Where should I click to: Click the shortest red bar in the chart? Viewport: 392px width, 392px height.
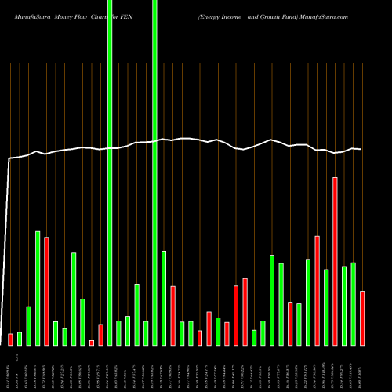click(92, 343)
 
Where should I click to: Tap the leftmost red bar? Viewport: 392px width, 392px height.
click(10, 339)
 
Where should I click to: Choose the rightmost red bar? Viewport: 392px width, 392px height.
click(362, 318)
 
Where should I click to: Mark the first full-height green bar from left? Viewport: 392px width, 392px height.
click(110, 172)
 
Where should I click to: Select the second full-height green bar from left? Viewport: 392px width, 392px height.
click(154, 172)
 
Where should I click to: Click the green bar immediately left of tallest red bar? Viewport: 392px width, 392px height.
click(326, 307)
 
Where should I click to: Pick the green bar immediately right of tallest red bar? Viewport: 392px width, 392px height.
click(344, 306)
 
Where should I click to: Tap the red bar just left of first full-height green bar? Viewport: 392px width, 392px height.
click(100, 335)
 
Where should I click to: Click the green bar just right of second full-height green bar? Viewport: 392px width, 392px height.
click(164, 298)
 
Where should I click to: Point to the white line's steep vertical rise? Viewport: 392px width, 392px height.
click(7, 251)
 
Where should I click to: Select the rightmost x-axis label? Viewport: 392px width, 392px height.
click(362, 368)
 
